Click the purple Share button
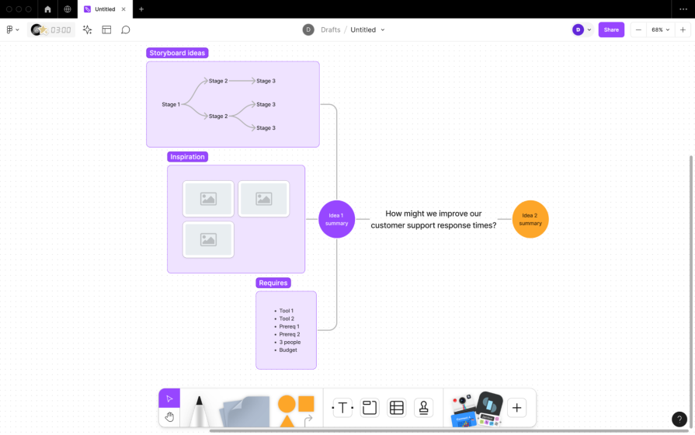click(x=611, y=30)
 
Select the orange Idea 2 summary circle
click(x=530, y=219)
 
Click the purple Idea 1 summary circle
click(x=336, y=219)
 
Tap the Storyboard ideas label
click(x=178, y=53)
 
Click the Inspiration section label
click(x=188, y=157)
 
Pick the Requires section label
click(x=273, y=283)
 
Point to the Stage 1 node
click(x=171, y=104)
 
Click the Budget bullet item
click(x=288, y=350)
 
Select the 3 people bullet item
click(x=290, y=342)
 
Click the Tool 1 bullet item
click(x=287, y=311)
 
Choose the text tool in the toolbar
click(x=342, y=408)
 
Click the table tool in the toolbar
click(x=396, y=408)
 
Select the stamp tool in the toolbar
click(x=423, y=408)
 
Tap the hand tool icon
click(x=169, y=417)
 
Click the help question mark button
click(x=679, y=419)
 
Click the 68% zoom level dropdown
click(x=660, y=30)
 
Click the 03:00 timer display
click(x=61, y=30)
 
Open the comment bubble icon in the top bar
click(x=126, y=30)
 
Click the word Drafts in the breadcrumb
click(x=331, y=30)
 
